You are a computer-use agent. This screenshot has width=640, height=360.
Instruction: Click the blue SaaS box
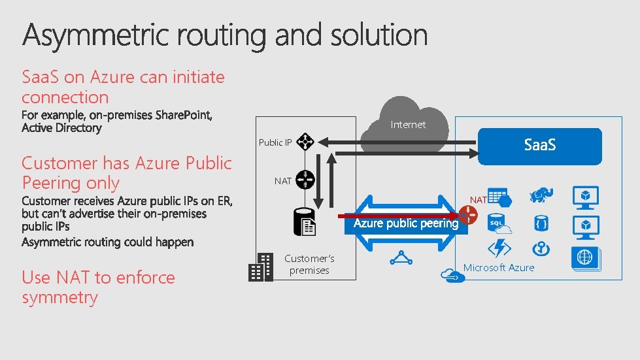[539, 146]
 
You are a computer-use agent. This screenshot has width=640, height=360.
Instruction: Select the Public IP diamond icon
[305, 142]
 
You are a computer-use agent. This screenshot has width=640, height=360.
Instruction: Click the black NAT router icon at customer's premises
[305, 180]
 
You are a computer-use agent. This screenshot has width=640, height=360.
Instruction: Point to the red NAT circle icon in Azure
[468, 214]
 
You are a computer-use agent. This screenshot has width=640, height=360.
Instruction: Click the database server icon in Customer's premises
[306, 223]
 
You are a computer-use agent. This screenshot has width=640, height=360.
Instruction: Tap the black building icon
[261, 267]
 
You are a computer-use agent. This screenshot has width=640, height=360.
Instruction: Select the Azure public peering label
[406, 223]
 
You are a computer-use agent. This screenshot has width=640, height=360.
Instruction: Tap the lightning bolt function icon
[500, 249]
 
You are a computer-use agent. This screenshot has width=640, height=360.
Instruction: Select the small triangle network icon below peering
[400, 258]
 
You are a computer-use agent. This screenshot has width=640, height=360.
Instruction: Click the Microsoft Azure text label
[499, 267]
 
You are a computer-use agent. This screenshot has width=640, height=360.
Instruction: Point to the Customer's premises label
[309, 265]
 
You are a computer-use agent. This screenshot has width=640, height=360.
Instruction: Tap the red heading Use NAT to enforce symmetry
[98, 287]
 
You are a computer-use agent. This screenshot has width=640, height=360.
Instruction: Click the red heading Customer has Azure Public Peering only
[126, 172]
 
